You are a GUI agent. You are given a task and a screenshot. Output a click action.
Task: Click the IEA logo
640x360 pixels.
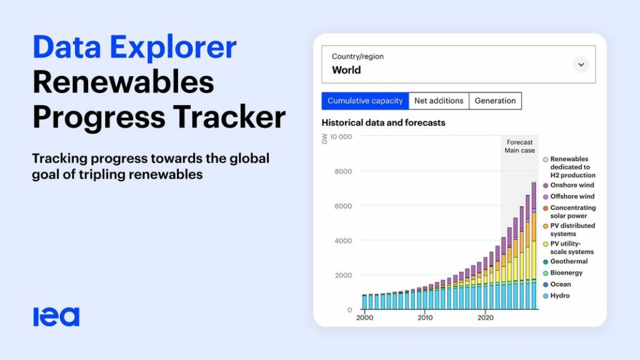click(56, 317)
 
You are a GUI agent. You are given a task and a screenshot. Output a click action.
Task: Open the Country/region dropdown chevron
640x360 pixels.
click(581, 64)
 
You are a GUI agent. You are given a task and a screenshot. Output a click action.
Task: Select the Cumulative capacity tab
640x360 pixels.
click(365, 101)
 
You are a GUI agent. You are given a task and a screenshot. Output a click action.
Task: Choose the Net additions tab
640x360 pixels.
click(439, 101)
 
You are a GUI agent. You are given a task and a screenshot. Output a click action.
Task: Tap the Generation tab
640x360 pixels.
click(495, 101)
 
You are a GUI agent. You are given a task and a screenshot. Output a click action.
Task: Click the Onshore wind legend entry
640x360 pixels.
click(568, 185)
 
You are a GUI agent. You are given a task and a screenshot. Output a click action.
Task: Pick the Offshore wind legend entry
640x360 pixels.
click(568, 197)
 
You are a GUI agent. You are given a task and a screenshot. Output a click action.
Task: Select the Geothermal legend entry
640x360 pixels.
click(565, 262)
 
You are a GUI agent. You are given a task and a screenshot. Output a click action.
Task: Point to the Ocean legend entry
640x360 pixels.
click(557, 284)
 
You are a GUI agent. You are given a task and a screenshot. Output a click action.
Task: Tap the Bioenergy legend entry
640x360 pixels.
click(562, 273)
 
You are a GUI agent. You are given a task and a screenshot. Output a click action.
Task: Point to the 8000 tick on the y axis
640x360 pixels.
click(343, 171)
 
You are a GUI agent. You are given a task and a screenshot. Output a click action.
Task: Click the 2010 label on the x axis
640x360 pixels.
click(425, 317)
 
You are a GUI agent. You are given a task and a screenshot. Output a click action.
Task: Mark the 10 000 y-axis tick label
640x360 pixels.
click(341, 137)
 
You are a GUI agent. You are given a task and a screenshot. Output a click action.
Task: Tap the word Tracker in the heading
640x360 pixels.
click(229, 117)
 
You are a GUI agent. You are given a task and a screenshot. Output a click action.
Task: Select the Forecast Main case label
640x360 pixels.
click(519, 146)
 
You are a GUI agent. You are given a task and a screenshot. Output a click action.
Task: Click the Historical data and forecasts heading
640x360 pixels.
click(383, 123)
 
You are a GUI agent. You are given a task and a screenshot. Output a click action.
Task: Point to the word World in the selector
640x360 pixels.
click(346, 70)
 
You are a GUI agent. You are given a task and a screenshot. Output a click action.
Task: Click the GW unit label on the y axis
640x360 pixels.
click(324, 139)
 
